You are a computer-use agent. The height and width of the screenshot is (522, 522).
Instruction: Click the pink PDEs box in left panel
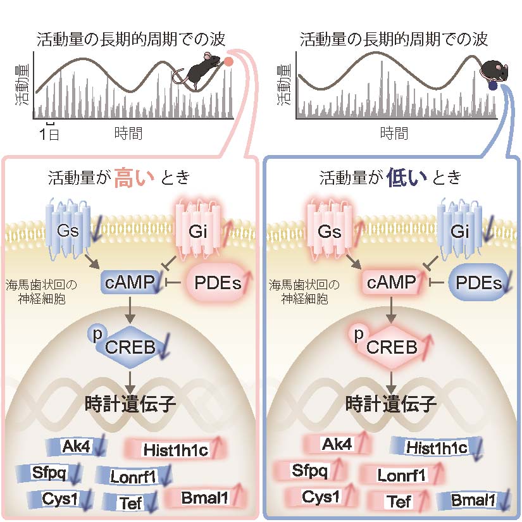point(216,283)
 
